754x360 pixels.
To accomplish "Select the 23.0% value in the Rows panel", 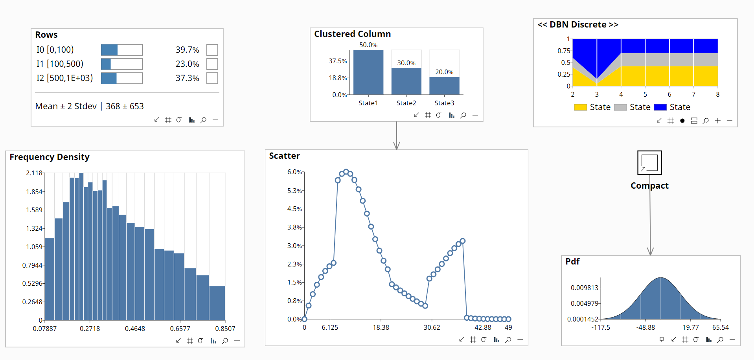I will point(187,64).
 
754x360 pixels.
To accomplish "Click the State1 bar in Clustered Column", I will point(368,73).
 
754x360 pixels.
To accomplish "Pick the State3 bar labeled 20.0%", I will point(444,86).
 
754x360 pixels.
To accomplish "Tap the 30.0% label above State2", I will point(406,63).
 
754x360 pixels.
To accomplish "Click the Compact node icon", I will point(649,163).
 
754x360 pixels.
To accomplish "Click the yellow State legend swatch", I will point(580,107).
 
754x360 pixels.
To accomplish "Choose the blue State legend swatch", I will point(660,107).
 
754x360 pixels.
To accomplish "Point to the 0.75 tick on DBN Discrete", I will point(564,51).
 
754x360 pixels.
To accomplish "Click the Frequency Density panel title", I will point(50,157).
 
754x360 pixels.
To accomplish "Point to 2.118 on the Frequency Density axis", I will point(34,173).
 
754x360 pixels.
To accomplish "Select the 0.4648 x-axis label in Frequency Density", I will point(135,329).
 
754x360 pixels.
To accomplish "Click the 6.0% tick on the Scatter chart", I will point(294,172).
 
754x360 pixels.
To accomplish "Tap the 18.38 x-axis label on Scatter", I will point(381,327).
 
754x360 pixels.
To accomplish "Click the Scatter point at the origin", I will point(304,319).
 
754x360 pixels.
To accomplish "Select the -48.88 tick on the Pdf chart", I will point(645,327).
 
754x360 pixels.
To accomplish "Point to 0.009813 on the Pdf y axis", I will point(585,288).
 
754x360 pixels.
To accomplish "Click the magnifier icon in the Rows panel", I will point(203,120).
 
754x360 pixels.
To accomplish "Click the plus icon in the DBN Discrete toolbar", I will point(717,121).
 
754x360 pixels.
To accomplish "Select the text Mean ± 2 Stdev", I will point(66,107).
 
